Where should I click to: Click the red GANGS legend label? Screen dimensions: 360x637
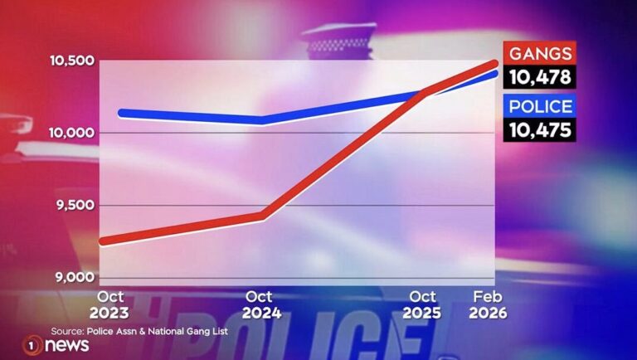click(540, 55)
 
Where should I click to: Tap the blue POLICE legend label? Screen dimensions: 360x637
click(540, 106)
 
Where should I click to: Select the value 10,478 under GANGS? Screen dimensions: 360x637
click(540, 77)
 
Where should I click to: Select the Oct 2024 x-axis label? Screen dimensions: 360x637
click(261, 305)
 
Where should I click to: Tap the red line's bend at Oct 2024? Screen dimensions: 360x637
click(262, 216)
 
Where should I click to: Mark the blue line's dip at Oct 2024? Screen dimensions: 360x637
click(262, 119)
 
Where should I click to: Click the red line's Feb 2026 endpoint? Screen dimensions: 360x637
click(494, 64)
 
